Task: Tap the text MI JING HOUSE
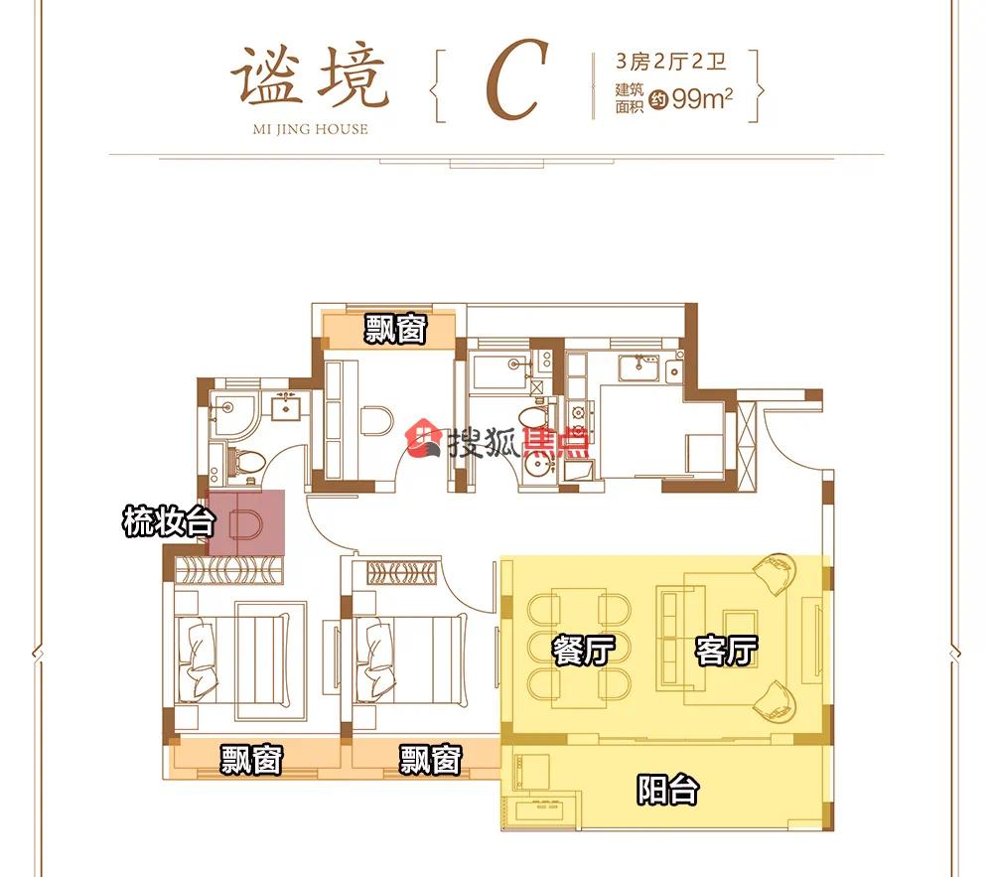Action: [x=310, y=129]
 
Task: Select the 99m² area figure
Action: [x=702, y=98]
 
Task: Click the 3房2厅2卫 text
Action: [x=670, y=62]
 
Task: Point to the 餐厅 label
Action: [x=583, y=650]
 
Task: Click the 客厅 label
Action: [x=726, y=650]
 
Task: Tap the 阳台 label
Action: [x=667, y=790]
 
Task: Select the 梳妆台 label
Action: [x=169, y=521]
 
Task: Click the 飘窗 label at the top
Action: [x=395, y=330]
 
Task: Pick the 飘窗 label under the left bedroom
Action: [x=251, y=759]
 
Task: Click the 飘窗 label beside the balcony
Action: [x=431, y=759]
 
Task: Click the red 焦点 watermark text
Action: [x=555, y=442]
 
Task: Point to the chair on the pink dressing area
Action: [x=246, y=523]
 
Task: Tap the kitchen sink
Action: [x=638, y=367]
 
